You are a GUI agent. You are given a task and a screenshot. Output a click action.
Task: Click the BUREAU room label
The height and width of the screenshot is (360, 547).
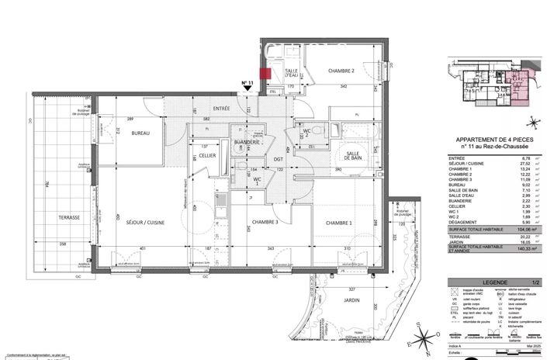point(140,133)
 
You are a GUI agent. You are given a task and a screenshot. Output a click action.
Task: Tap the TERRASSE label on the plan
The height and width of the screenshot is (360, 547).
point(69,218)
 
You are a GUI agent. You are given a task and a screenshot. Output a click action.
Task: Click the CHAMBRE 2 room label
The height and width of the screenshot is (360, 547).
point(341,71)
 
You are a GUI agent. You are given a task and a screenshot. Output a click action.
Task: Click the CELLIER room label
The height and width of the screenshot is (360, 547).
point(207,156)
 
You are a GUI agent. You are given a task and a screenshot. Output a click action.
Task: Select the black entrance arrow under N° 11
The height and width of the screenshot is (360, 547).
point(248,90)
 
